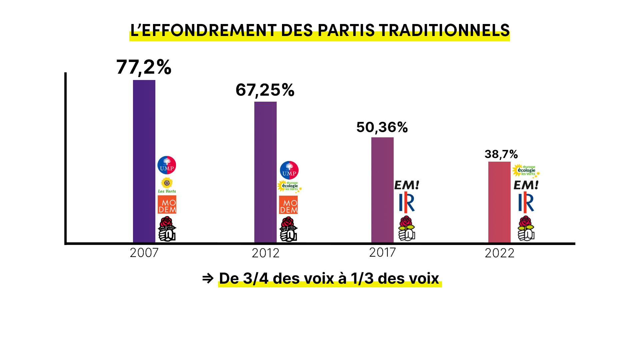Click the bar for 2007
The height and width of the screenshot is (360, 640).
(144, 161)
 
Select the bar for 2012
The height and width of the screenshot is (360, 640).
(265, 172)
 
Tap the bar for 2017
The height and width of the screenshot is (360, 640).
(382, 190)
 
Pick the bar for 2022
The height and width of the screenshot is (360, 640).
(499, 202)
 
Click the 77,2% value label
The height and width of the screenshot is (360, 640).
(144, 67)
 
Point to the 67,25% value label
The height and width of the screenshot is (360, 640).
(265, 90)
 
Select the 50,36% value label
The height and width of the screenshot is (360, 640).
(382, 127)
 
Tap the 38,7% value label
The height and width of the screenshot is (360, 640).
(501, 154)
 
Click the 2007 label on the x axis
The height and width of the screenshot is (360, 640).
(144, 253)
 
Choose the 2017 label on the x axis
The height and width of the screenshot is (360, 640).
(382, 253)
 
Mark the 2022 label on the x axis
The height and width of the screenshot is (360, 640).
(499, 253)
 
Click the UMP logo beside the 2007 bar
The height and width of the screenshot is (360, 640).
(167, 165)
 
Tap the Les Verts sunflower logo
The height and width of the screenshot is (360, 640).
(167, 185)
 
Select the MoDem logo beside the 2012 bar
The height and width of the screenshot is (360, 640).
(288, 205)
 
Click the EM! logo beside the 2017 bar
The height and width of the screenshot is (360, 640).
(407, 185)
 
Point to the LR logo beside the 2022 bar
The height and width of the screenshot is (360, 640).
(526, 202)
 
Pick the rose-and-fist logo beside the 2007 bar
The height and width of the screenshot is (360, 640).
(167, 229)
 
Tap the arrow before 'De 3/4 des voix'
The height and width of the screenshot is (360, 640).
(208, 278)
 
